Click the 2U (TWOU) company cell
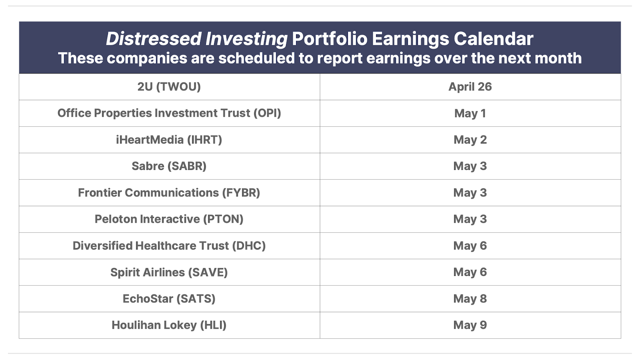click(x=169, y=87)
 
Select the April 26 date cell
click(x=470, y=87)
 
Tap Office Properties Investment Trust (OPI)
click(x=169, y=114)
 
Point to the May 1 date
click(x=470, y=114)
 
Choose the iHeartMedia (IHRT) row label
click(x=169, y=140)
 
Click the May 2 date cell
click(x=470, y=140)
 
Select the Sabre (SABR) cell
click(x=169, y=166)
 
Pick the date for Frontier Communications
click(x=470, y=193)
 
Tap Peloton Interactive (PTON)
click(x=169, y=220)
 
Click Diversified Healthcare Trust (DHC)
click(x=169, y=246)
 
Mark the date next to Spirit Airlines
click(x=470, y=272)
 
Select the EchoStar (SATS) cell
click(x=169, y=299)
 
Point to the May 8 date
click(x=470, y=299)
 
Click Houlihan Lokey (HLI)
click(x=169, y=326)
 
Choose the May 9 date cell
click(x=470, y=326)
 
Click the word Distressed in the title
click(x=154, y=38)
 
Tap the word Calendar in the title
click(x=494, y=38)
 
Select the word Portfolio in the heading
click(x=330, y=38)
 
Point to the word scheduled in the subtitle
click(x=256, y=58)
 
